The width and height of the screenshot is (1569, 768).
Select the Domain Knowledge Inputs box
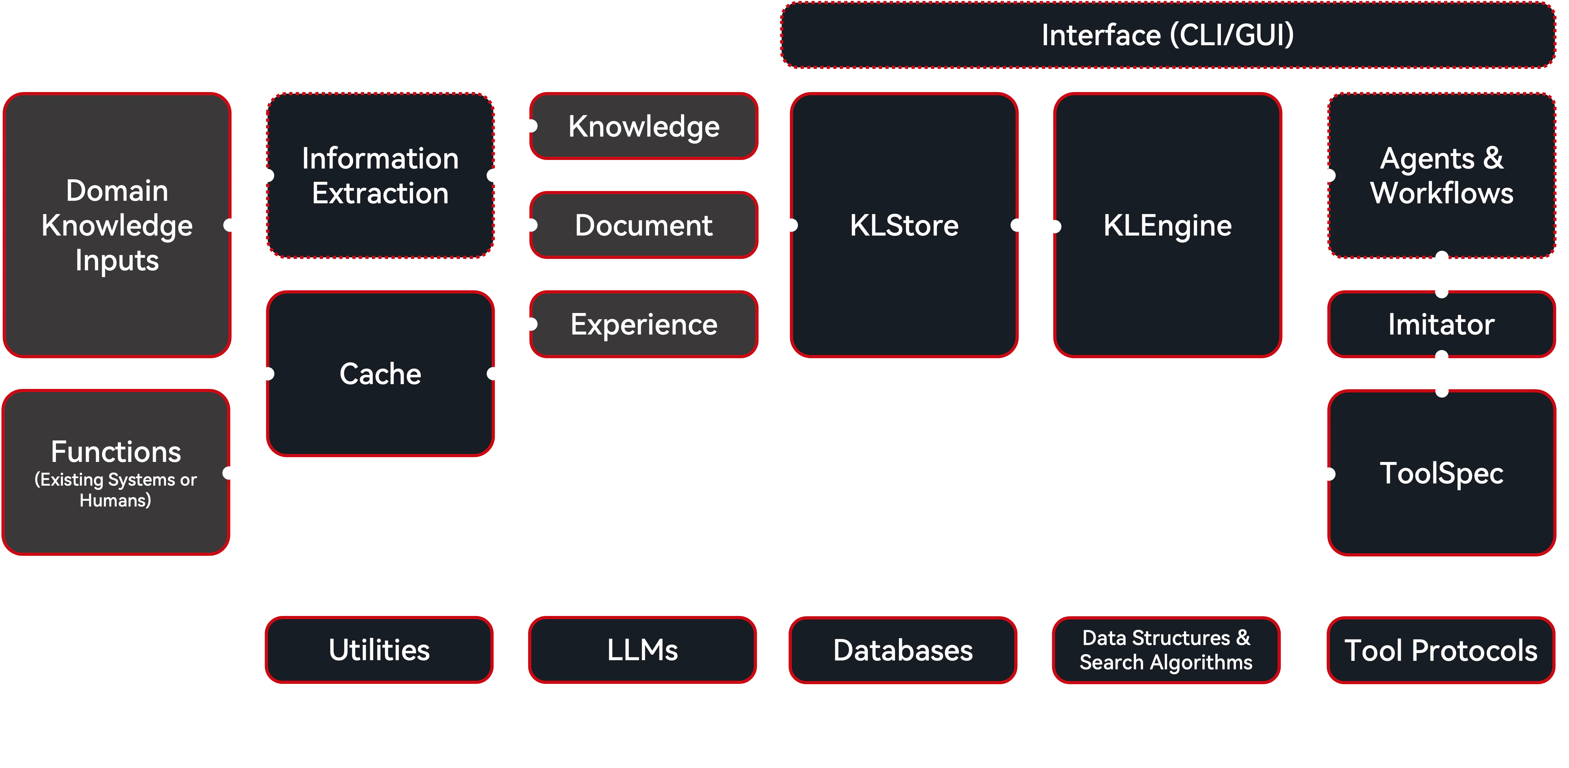click(x=117, y=225)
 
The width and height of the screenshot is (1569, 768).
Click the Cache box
click(x=380, y=373)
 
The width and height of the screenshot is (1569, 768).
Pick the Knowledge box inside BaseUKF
click(x=644, y=127)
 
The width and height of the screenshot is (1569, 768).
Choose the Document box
click(x=644, y=225)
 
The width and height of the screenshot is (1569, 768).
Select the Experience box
click(x=644, y=324)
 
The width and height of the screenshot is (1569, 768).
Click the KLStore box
click(x=904, y=225)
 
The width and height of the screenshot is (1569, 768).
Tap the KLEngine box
click(x=1167, y=225)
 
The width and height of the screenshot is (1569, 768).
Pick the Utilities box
click(x=379, y=650)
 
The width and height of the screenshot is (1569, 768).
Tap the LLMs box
click(x=643, y=650)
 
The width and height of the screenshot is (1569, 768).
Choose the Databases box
click(x=903, y=650)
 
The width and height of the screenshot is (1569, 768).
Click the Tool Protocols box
click(x=1440, y=650)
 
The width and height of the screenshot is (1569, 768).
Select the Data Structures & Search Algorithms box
click(x=1166, y=650)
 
